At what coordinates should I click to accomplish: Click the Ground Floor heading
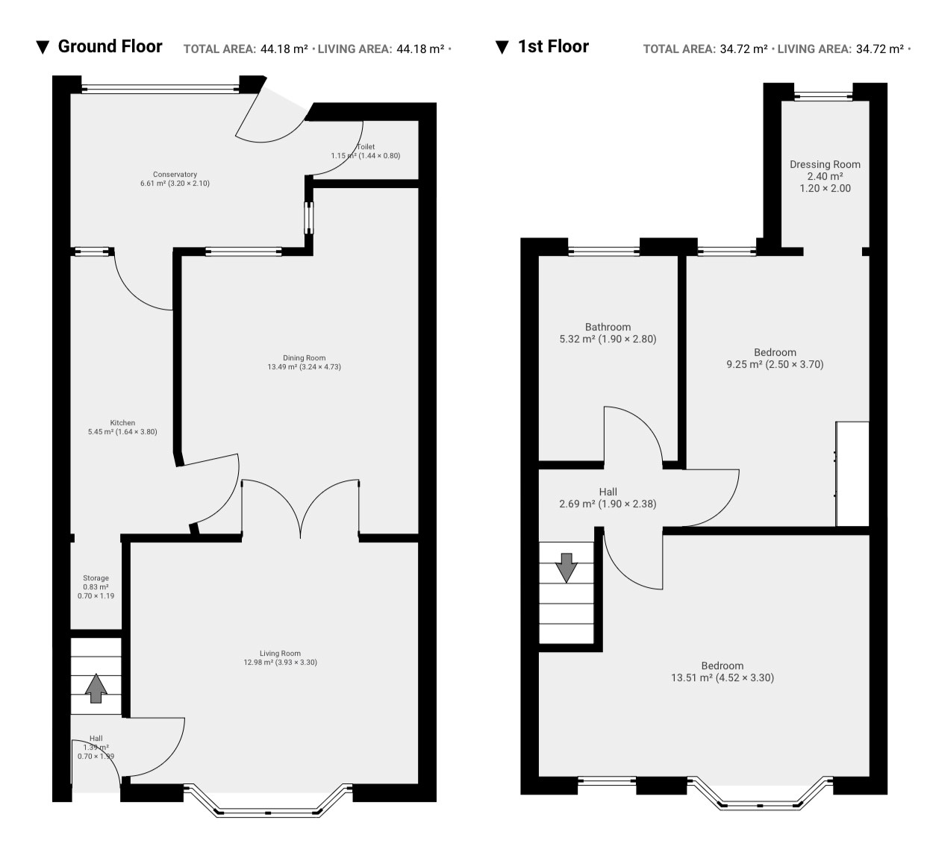click(x=110, y=47)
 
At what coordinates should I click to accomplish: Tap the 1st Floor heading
click(x=553, y=47)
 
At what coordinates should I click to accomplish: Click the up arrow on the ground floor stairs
click(x=96, y=689)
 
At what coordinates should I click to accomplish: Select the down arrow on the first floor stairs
click(x=566, y=568)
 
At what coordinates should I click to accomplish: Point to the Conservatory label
click(x=175, y=175)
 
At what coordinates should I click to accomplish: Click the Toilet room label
click(x=366, y=147)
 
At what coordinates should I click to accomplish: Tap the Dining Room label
click(x=305, y=358)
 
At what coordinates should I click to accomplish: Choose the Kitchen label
click(x=122, y=423)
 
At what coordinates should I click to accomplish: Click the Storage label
click(x=96, y=578)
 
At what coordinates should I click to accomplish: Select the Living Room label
click(x=280, y=654)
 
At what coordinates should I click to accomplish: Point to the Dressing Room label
click(x=825, y=164)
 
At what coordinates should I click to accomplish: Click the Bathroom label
click(x=608, y=327)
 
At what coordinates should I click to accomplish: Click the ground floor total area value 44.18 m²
click(x=284, y=49)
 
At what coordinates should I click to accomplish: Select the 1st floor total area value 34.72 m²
click(x=743, y=49)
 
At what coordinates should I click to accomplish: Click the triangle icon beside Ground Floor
click(x=43, y=47)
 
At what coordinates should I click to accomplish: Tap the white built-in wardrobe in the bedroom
click(x=852, y=474)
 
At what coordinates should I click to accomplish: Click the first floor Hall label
click(x=608, y=492)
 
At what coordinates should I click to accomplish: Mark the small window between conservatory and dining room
click(x=308, y=218)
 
